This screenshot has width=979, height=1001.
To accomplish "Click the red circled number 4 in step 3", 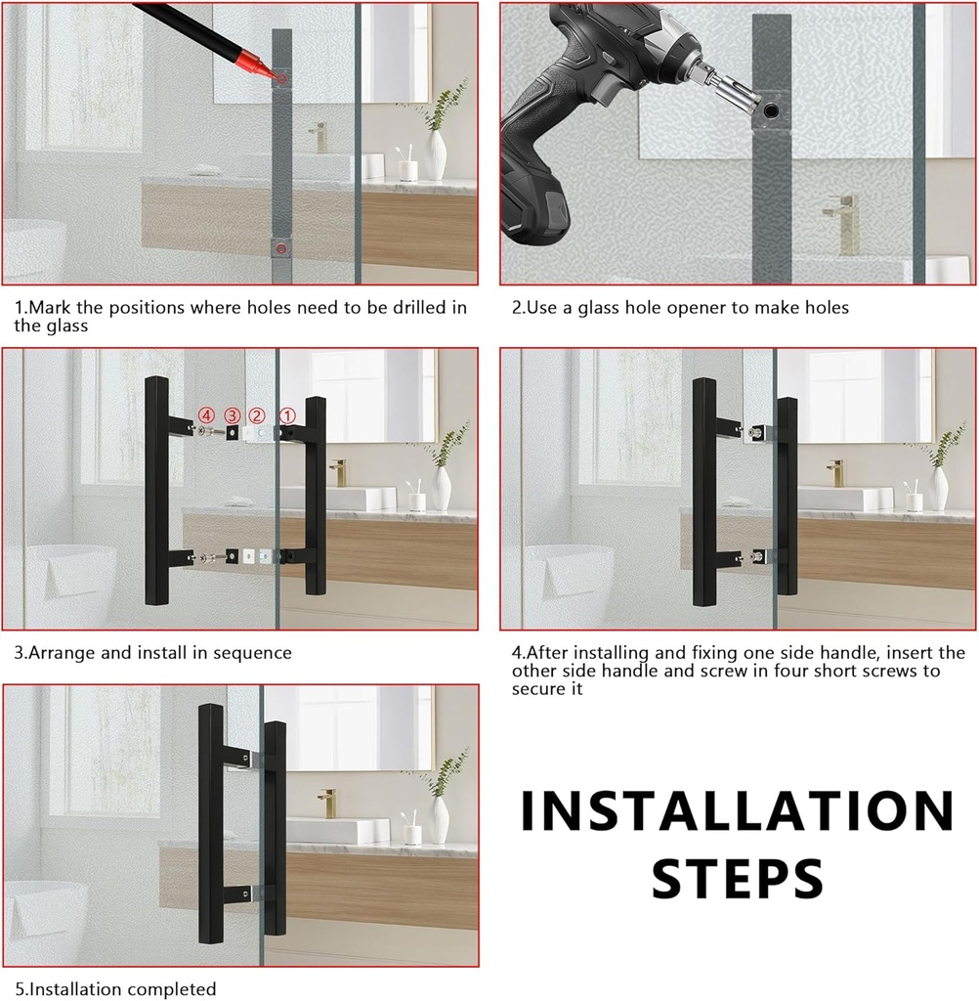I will tap(206, 414).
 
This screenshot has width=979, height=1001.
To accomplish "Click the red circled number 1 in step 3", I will tap(287, 415).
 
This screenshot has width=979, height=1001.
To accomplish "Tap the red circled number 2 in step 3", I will tap(257, 415).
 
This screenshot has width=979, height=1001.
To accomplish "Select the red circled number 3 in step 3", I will tap(232, 415).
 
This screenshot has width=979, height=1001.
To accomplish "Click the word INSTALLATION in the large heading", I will tap(737, 811).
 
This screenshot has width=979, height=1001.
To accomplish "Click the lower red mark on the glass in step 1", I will tap(281, 249).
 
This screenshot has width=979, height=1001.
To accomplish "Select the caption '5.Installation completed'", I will tap(115, 989).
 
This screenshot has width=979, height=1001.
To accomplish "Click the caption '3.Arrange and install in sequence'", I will tap(152, 652).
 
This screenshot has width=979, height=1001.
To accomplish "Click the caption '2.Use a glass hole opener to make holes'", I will tap(680, 307).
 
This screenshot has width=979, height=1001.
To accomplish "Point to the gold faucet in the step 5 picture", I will tap(327, 802).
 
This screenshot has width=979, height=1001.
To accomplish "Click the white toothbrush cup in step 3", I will tap(417, 501).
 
